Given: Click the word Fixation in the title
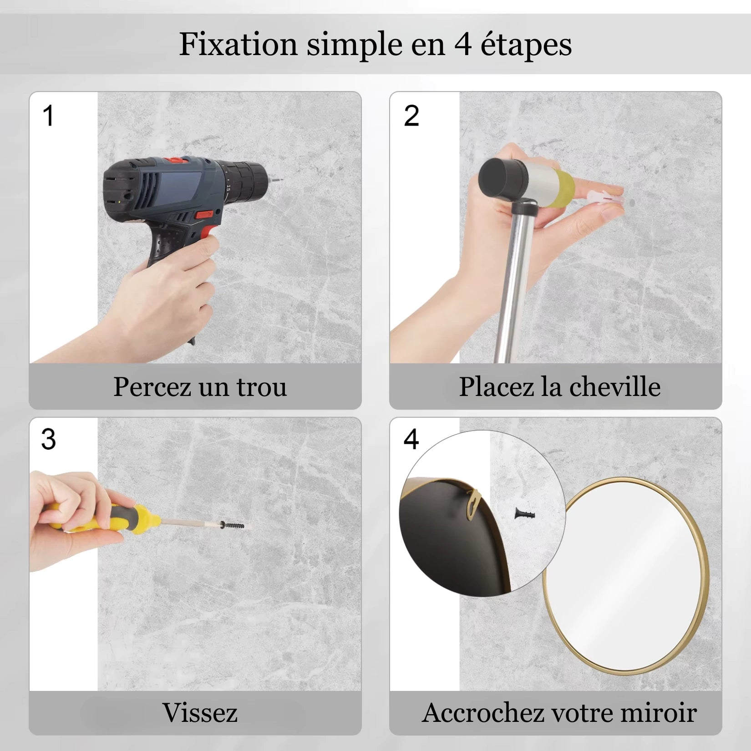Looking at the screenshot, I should point(238,44).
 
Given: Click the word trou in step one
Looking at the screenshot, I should point(261,387).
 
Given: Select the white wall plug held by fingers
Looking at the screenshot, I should point(605,199).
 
